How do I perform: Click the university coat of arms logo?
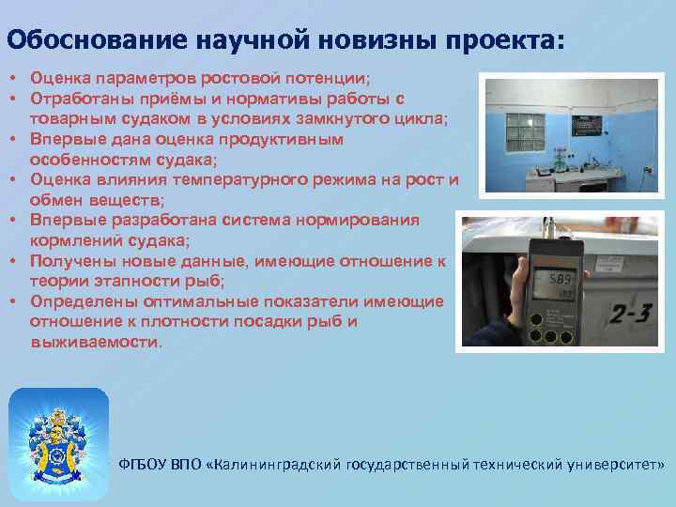[58, 431]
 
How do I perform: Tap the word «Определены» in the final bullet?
[82, 301]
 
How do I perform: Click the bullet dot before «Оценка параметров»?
[15, 78]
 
